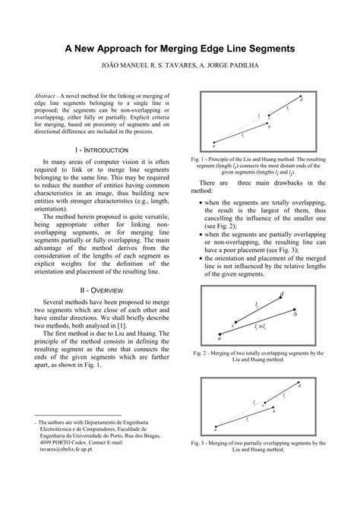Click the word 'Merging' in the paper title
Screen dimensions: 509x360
coord(188,48)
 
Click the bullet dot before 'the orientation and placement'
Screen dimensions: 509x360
coord(200,261)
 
